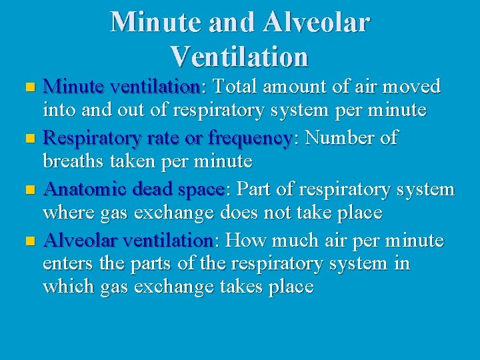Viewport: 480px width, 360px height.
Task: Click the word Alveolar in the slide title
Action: pos(315,23)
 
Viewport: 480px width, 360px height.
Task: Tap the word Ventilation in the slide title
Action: pos(239,56)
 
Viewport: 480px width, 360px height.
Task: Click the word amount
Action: pos(298,87)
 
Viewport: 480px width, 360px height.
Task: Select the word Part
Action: pos(255,190)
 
